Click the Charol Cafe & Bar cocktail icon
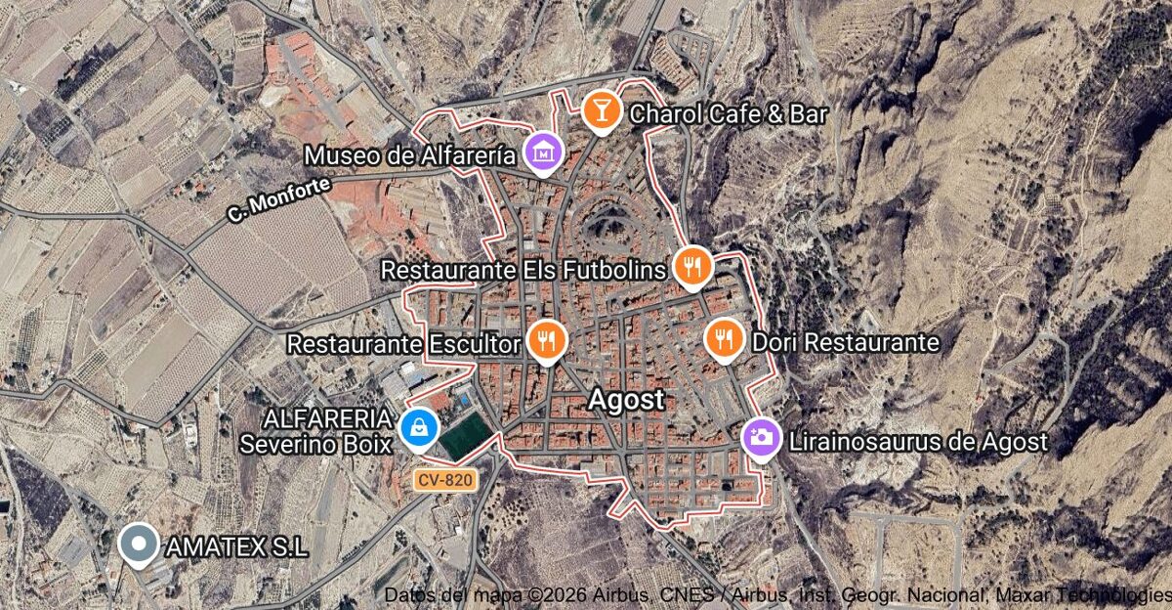(601, 109)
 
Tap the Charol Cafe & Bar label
(729, 114)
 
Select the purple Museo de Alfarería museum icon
(543, 152)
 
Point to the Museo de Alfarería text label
(410, 156)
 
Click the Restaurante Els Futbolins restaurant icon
(691, 265)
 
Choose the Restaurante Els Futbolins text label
(524, 269)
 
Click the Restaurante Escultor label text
(403, 344)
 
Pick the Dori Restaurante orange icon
(724, 338)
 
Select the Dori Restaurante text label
(845, 343)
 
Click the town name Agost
(626, 400)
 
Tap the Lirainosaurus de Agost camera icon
(761, 437)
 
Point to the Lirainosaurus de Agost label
(918, 442)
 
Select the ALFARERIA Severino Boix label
(316, 431)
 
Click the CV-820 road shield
(444, 480)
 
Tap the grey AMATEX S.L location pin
(138, 544)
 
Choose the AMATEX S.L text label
(237, 547)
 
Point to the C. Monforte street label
(278, 196)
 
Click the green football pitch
(465, 434)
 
